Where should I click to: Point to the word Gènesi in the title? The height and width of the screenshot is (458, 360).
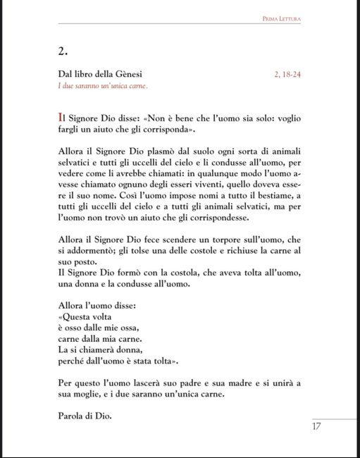(x=141, y=74)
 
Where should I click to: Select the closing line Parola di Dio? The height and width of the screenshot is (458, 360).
(x=85, y=415)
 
